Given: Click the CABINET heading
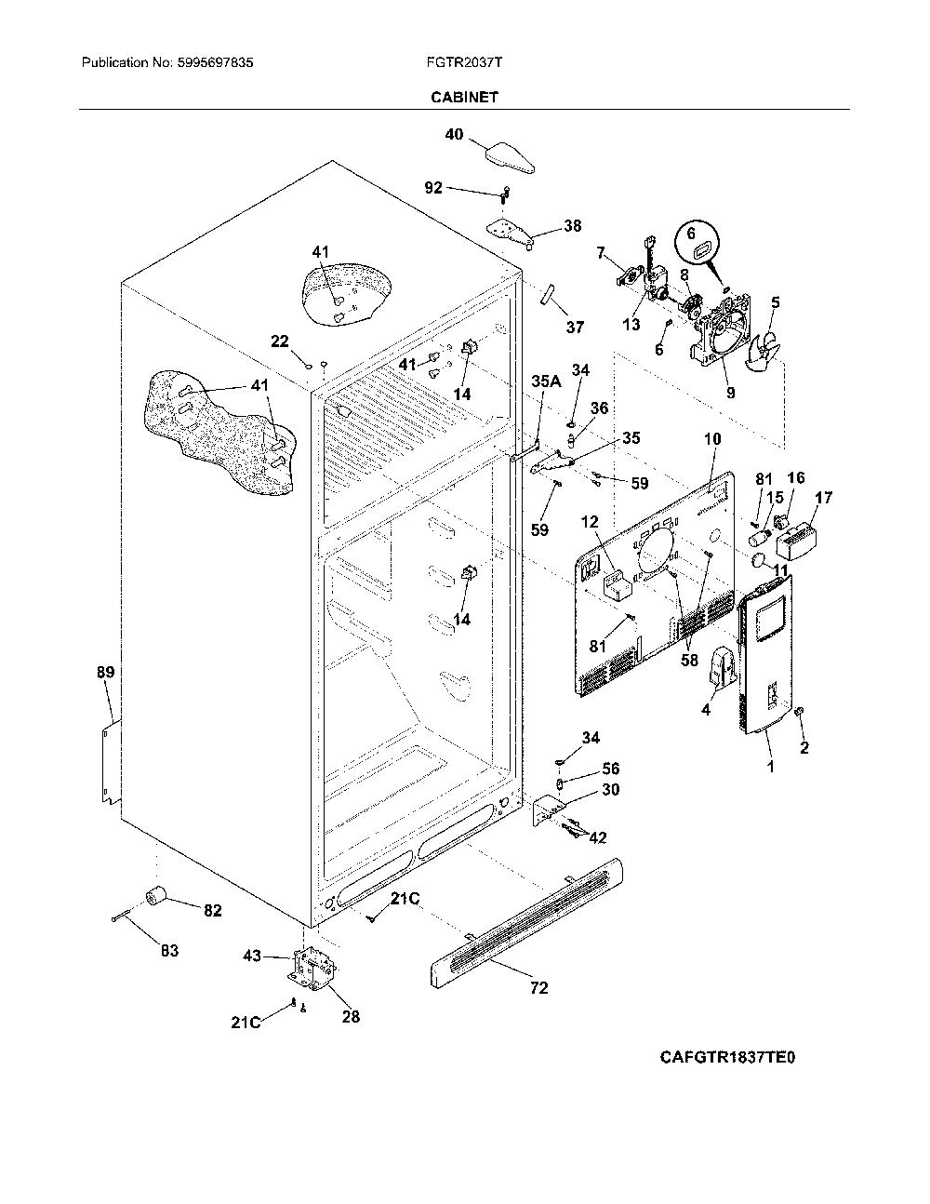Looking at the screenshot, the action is pyautogui.click(x=464, y=97).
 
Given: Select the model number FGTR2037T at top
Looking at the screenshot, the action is pyautogui.click(x=464, y=62).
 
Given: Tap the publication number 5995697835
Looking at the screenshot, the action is pyautogui.click(x=216, y=62).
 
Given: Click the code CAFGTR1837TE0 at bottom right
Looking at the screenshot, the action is pyautogui.click(x=727, y=1057).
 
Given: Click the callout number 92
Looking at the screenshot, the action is pyautogui.click(x=433, y=188).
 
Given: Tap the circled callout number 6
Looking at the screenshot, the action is pyautogui.click(x=690, y=234).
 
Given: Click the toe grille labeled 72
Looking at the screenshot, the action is pyautogui.click(x=525, y=924).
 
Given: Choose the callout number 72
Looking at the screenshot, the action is pyautogui.click(x=539, y=987).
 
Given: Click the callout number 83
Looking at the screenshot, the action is pyautogui.click(x=170, y=951).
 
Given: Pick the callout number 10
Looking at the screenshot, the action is pyautogui.click(x=712, y=439).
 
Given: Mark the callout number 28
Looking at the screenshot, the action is pyautogui.click(x=351, y=1017).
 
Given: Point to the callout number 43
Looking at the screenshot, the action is pyautogui.click(x=252, y=956).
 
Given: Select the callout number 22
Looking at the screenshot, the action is pyautogui.click(x=280, y=341).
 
